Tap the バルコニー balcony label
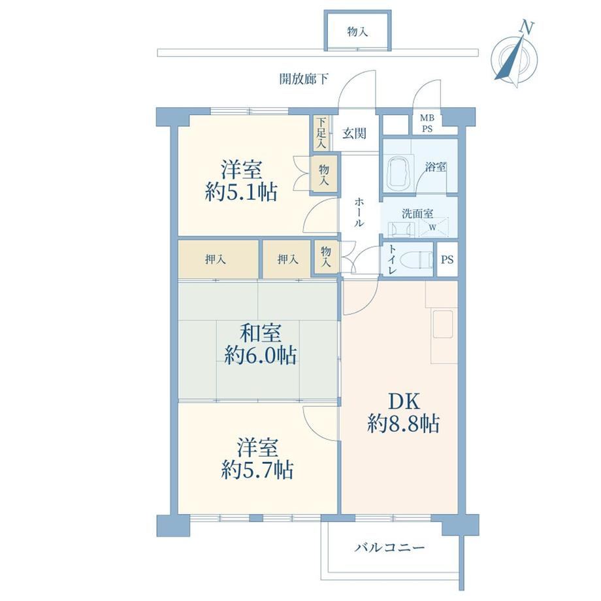pos(389,547)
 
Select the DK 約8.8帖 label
pos(404,413)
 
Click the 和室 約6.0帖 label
pos(260,344)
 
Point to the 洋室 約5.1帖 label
pos(241,180)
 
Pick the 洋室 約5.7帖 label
pos(257,459)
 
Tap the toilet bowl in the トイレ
pos(415,260)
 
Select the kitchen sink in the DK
pos(442,324)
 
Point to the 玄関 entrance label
pos(354,133)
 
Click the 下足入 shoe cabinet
pos(321,133)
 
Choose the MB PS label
pos(427,123)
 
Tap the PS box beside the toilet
pos(447,259)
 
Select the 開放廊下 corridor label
pos(304,79)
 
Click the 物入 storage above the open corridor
pos(357,31)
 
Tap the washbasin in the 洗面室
pos(401,229)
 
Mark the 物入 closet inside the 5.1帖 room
pos(324,174)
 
